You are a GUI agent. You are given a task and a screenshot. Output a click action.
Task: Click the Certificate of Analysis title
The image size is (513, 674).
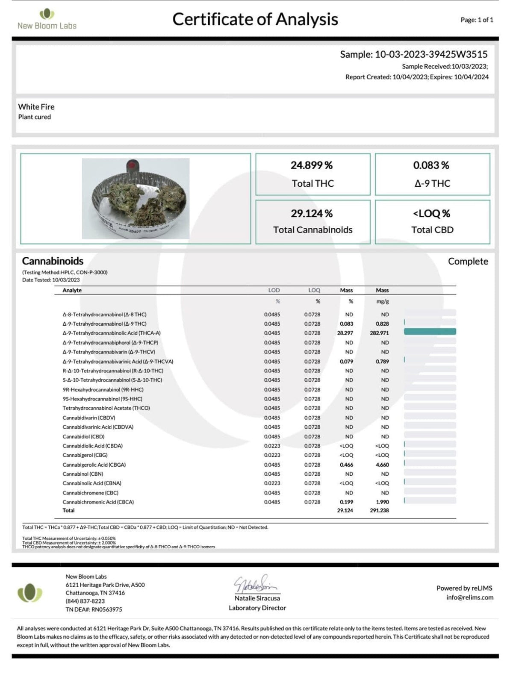coord(255,19)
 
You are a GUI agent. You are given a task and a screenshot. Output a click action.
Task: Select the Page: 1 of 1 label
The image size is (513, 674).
coord(477,20)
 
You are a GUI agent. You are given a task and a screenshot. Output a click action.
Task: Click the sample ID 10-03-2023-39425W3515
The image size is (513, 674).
coord(431,54)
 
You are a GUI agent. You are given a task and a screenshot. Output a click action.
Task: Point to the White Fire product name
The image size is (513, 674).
coord(36,107)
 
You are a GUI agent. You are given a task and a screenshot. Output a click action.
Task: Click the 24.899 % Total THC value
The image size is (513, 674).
coord(312,165)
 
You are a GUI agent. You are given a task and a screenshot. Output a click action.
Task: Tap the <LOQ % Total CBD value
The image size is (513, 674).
coord(432,213)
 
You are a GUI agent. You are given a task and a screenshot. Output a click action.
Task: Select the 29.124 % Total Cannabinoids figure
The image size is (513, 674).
coord(312,213)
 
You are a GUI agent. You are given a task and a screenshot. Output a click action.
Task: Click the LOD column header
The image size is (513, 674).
coord(274,290)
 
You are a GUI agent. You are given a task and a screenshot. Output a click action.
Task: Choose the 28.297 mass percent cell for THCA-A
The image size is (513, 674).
coord(345,333)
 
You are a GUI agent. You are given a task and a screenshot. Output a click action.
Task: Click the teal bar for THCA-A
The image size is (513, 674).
coord(430,332)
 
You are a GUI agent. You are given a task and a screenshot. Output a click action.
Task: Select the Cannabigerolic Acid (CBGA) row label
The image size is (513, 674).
coord(94,465)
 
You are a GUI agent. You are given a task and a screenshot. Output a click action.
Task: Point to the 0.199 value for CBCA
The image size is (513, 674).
coord(346,502)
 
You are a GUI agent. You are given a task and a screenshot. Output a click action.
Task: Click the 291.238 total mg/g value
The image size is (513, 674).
coord(380,510)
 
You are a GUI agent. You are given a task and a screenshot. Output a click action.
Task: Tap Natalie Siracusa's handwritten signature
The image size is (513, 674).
coord(256,583)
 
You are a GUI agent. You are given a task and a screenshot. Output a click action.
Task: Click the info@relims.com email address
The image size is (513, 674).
coord(470,597)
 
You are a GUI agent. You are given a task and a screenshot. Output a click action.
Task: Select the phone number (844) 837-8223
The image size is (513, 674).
coord(85,601)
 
